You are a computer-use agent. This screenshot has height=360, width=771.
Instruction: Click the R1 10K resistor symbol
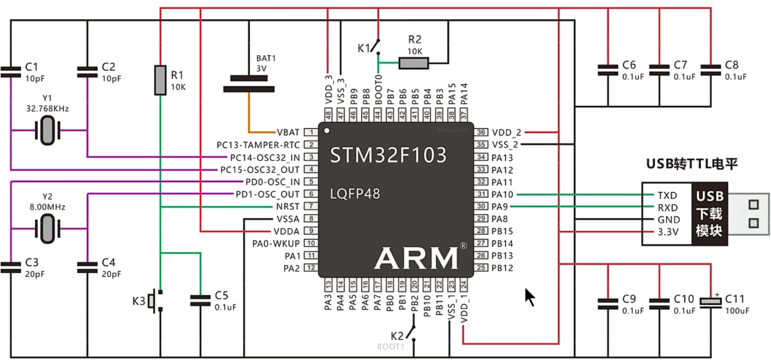(160, 80)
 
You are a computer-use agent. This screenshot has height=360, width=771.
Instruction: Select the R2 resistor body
(413, 63)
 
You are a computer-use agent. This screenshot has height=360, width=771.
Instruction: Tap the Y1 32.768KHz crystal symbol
(47, 130)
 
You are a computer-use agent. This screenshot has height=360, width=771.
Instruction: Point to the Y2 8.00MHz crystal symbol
(47, 229)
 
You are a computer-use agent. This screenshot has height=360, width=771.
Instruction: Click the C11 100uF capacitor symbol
(711, 302)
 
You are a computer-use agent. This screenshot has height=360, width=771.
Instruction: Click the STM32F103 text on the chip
(388, 155)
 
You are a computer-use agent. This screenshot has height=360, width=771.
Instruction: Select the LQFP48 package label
(355, 194)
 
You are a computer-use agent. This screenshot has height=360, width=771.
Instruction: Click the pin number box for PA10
(481, 194)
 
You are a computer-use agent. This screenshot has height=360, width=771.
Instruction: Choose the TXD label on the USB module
(667, 195)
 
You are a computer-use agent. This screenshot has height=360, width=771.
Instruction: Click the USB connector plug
(749, 213)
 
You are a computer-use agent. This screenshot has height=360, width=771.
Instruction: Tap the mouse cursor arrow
(530, 296)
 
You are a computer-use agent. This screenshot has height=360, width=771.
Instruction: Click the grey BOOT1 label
(391, 347)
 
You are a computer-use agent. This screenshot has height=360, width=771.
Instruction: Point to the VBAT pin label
(288, 132)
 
